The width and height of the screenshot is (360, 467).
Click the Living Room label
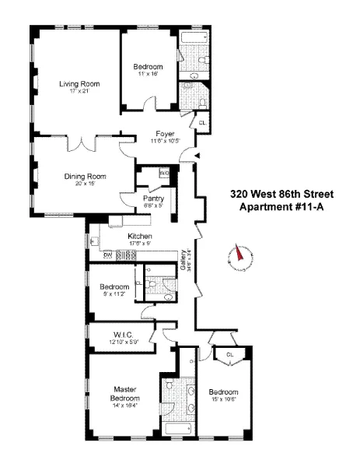coord(76,83)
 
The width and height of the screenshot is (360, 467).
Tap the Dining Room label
coord(86,176)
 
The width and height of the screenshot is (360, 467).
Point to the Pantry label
coord(153,198)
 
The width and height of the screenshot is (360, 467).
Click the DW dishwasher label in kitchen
coord(108,255)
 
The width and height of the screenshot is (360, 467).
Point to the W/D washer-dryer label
coord(164,172)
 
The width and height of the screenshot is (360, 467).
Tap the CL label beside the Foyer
coord(202,123)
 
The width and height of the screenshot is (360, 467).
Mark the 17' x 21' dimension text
coord(76,91)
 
